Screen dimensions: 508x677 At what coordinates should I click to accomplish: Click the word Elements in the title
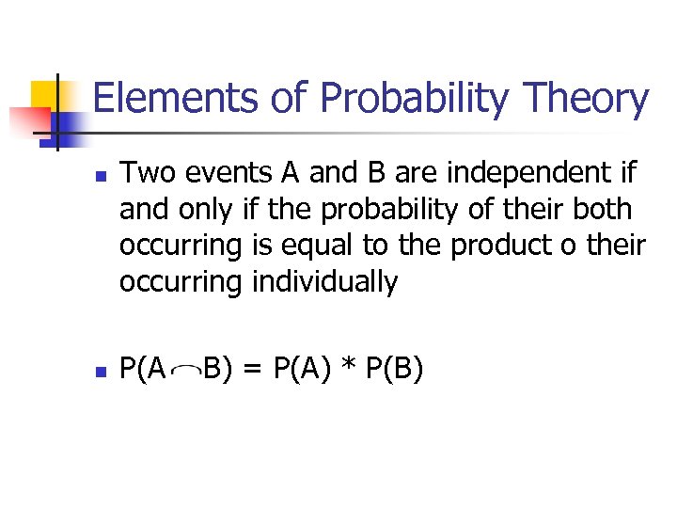(x=153, y=99)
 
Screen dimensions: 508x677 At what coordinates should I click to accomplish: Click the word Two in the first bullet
(x=142, y=173)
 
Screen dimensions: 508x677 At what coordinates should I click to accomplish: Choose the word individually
(x=326, y=281)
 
